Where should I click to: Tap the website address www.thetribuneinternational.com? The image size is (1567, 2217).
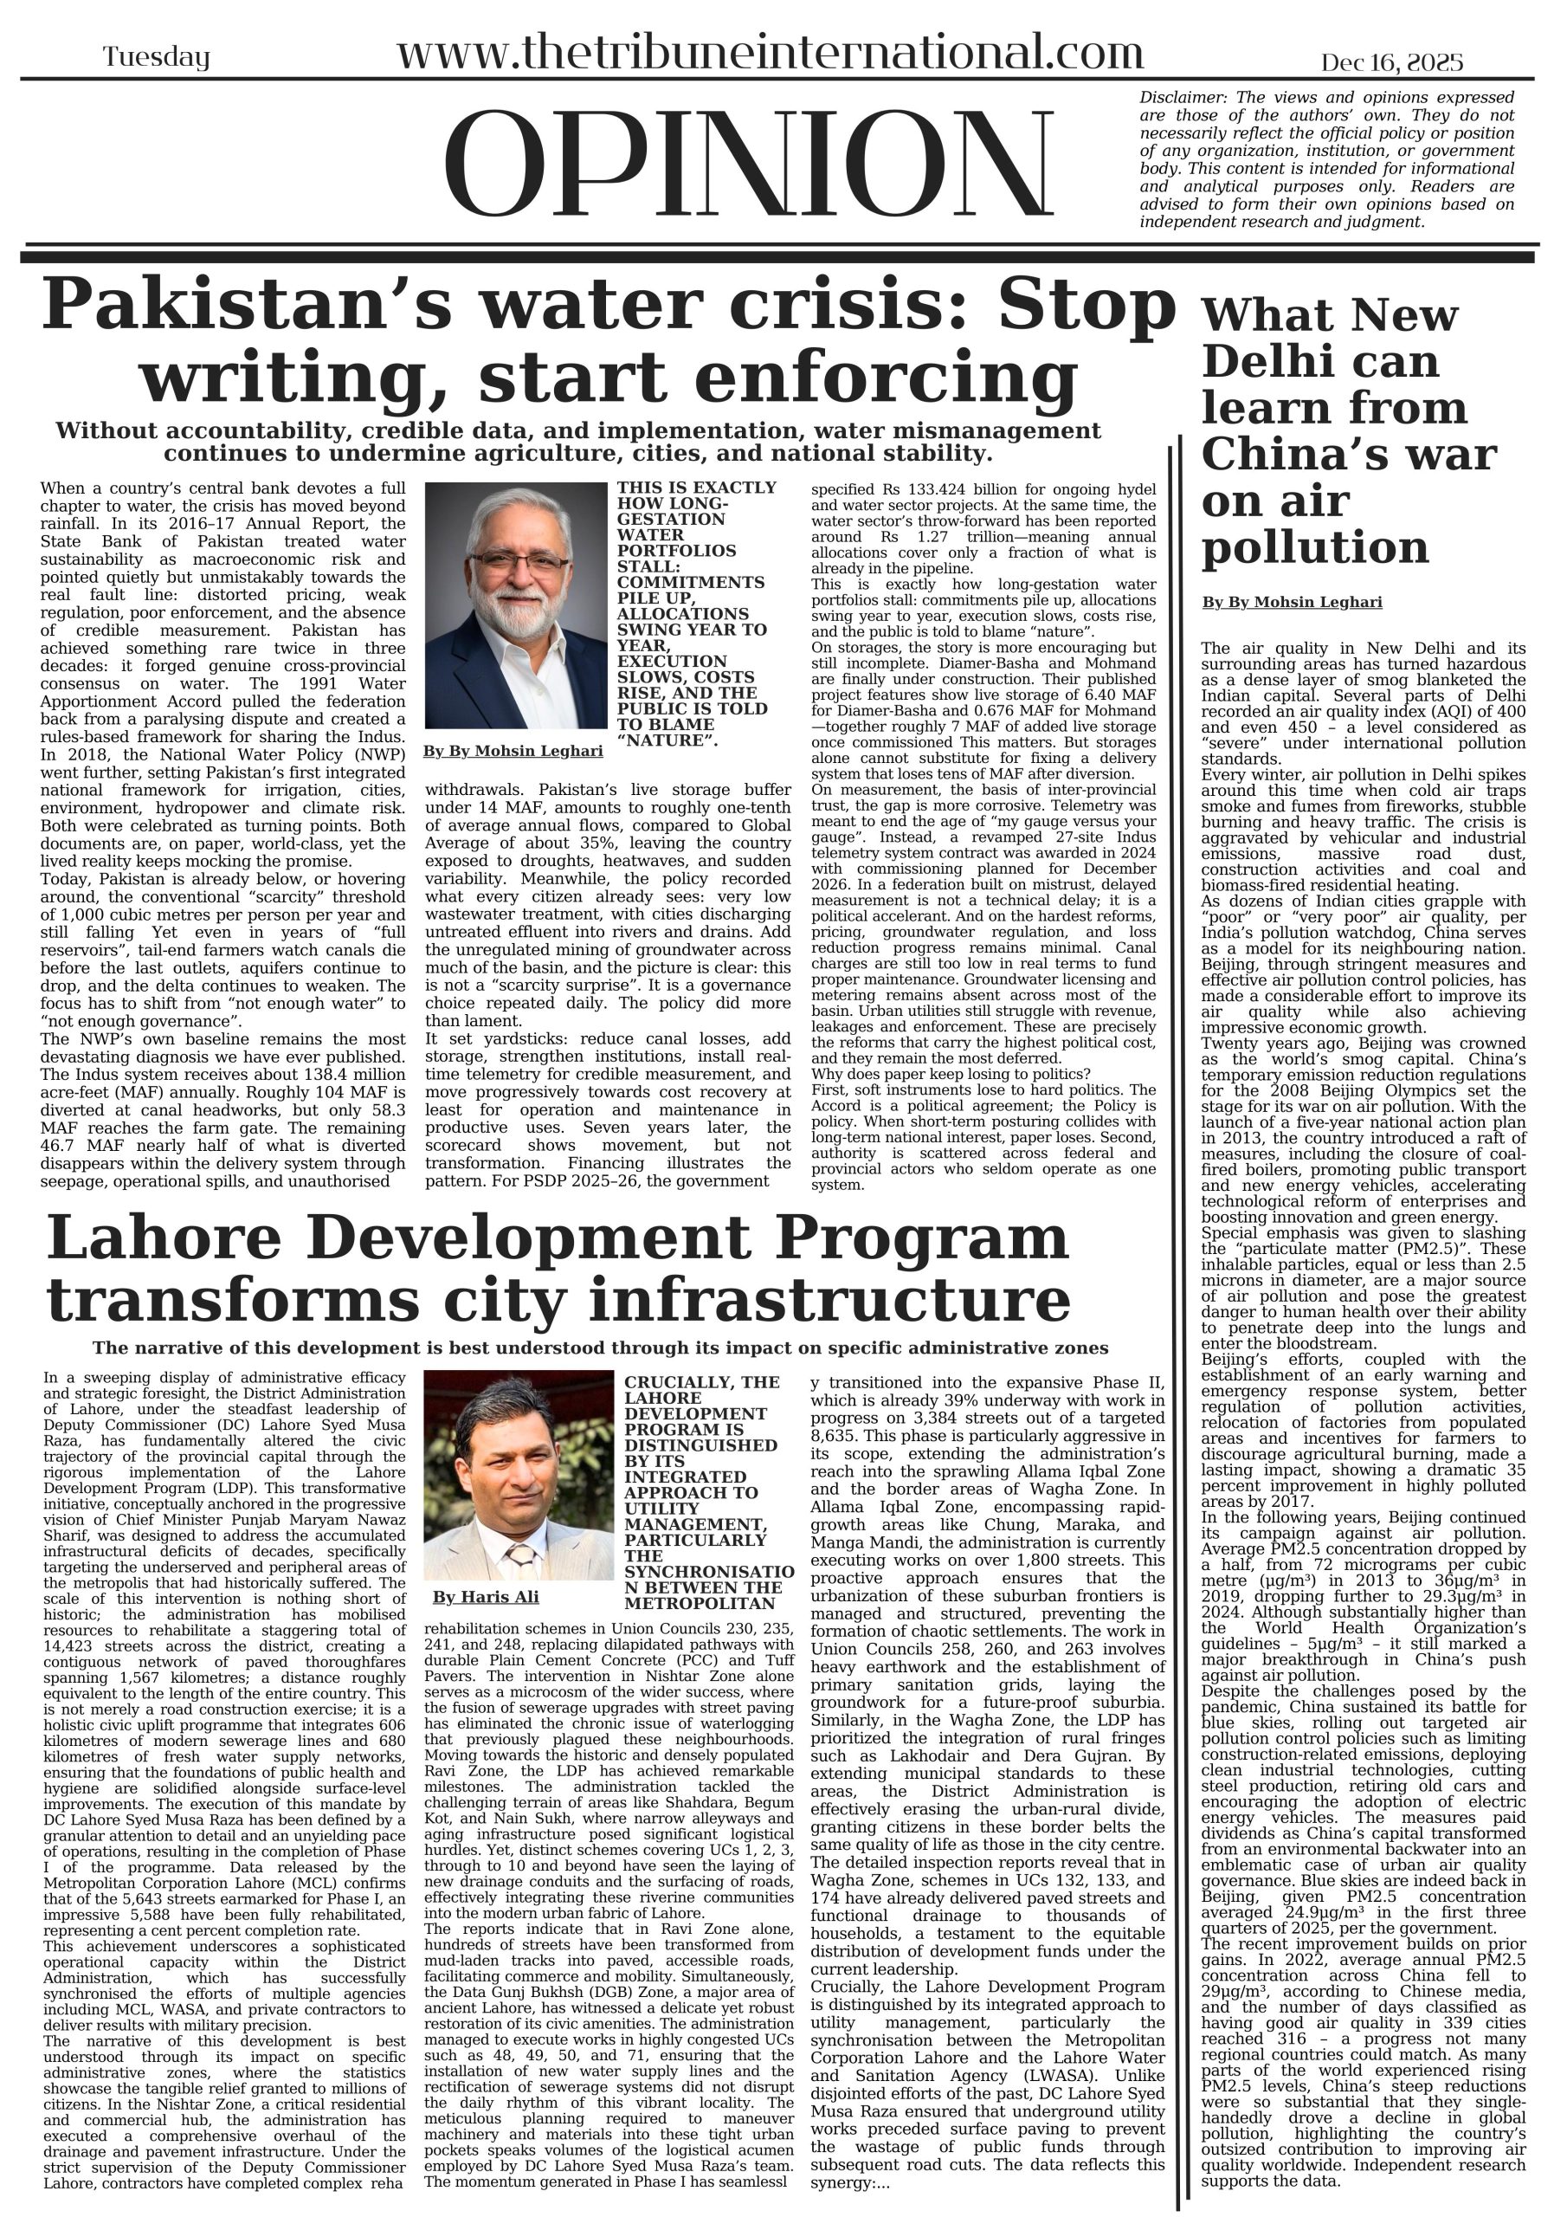(770, 52)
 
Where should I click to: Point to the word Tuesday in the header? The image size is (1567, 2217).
(157, 58)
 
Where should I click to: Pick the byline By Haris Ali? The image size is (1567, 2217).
(486, 1596)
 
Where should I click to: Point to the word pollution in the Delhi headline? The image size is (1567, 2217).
(1314, 547)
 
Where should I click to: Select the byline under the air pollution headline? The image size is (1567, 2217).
(1292, 603)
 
